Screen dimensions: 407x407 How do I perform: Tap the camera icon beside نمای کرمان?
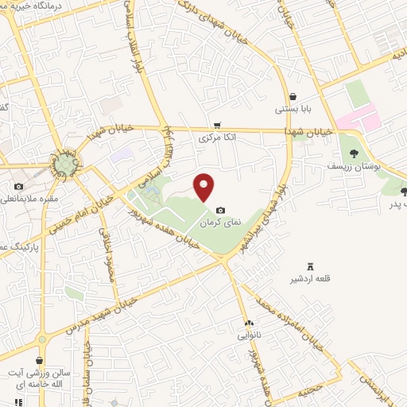click(219, 209)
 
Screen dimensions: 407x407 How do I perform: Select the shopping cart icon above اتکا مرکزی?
click(216, 126)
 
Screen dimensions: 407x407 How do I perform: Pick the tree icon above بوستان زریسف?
click(354, 154)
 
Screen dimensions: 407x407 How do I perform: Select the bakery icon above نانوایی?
click(250, 324)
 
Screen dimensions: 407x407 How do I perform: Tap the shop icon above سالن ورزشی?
click(39, 360)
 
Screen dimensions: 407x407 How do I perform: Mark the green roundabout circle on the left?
click(64, 165)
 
